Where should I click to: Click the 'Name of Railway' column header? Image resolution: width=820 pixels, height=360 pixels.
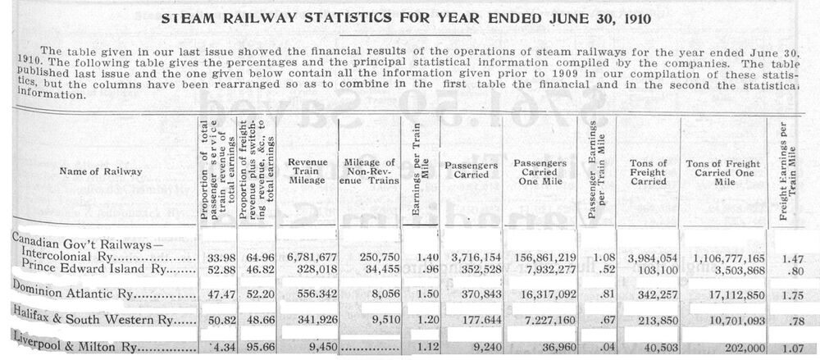(x=100, y=171)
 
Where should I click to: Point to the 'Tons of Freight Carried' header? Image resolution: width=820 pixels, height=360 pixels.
(x=648, y=171)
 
